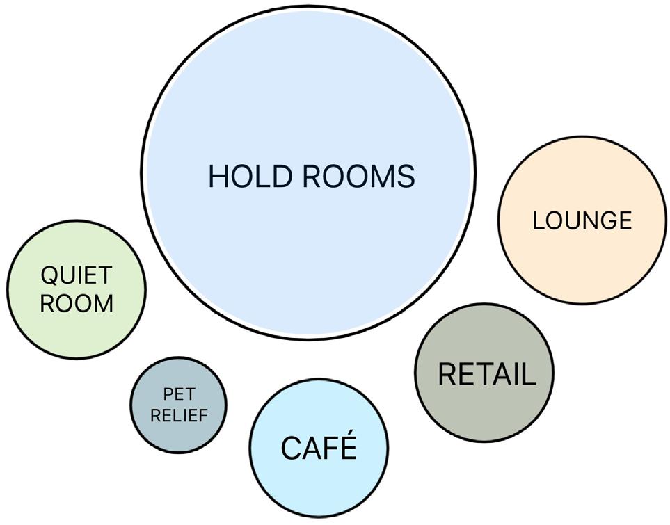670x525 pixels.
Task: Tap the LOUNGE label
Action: coord(582,220)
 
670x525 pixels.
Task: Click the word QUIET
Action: coord(75,275)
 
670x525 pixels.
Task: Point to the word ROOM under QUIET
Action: coord(76,304)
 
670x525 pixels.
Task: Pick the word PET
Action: coord(178,395)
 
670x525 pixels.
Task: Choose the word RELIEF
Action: coord(178,416)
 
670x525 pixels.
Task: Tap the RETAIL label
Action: coord(486,375)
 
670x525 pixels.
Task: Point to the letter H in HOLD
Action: coord(218,177)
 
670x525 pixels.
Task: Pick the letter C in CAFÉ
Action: coord(291,449)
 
